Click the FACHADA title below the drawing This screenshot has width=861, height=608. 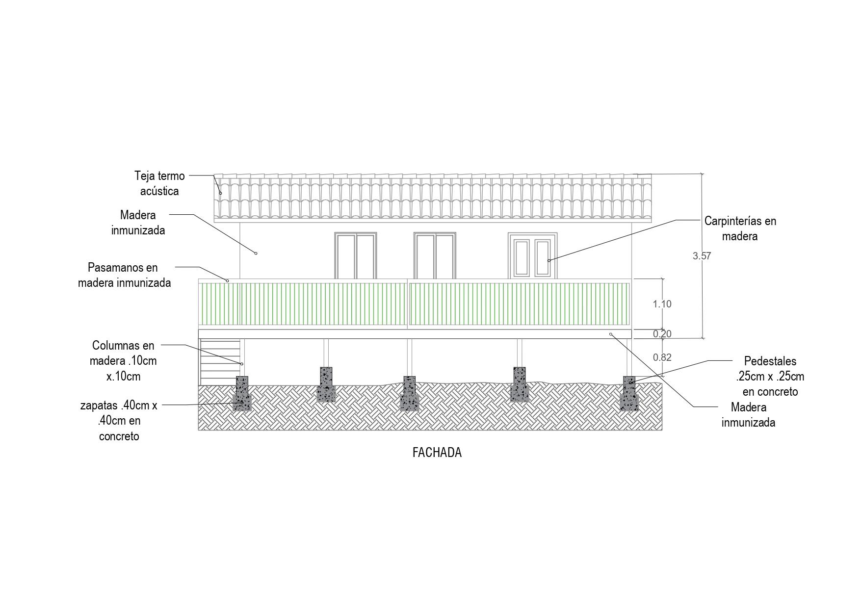click(x=437, y=453)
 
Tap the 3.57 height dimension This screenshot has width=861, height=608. click(x=702, y=256)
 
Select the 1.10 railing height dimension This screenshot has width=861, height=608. click(x=662, y=304)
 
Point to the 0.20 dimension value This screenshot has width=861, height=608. click(x=662, y=334)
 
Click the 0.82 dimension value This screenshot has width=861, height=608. click(x=662, y=357)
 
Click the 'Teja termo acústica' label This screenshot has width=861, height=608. click(x=159, y=183)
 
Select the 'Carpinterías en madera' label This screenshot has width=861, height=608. click(x=740, y=228)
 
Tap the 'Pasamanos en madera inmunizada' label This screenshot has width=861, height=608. click(x=124, y=275)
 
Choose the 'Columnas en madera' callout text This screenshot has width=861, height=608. click(x=123, y=361)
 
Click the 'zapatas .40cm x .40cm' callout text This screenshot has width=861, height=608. click(x=119, y=421)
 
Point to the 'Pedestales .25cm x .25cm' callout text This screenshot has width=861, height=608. click(x=770, y=377)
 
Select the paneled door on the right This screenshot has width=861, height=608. click(x=532, y=256)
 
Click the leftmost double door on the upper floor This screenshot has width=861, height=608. click(x=356, y=256)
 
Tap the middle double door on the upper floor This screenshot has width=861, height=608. click(x=435, y=256)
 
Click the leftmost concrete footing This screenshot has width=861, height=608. click(x=242, y=403)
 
